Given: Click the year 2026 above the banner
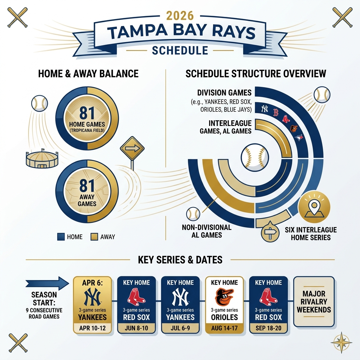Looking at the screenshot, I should [x=180, y=16].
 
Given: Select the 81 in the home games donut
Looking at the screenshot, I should [x=87, y=113].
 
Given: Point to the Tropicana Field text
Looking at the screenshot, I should [x=87, y=130].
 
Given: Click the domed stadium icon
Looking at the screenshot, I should [x=39, y=159].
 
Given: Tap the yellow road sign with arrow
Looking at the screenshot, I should [x=132, y=149].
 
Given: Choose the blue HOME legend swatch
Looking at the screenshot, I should [x=60, y=237].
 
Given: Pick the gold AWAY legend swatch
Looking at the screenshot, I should [x=94, y=237].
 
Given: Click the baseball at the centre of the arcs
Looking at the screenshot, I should [x=255, y=156].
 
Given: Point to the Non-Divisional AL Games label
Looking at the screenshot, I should [x=206, y=231].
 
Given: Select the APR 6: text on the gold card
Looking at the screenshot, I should [x=92, y=283].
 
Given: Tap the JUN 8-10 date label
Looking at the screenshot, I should [x=136, y=328].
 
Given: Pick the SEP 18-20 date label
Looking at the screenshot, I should [x=268, y=328].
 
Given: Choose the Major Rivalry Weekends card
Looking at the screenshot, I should [x=314, y=302].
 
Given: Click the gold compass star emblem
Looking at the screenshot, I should [x=341, y=342].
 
